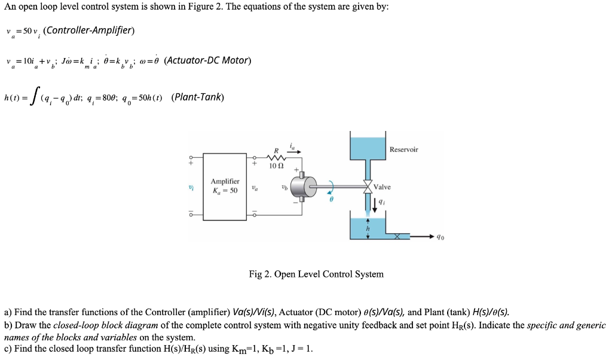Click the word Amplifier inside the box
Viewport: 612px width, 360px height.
(225, 181)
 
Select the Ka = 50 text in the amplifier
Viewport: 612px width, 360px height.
(225, 191)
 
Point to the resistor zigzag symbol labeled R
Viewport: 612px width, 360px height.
(277, 158)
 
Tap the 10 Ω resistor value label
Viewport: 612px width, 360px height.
(277, 166)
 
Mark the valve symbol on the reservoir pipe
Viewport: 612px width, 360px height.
(367, 187)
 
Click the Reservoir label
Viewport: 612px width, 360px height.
(403, 150)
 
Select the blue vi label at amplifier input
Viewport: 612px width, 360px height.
(190, 187)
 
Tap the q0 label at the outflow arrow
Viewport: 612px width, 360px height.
(440, 237)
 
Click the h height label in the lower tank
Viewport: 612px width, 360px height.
(368, 228)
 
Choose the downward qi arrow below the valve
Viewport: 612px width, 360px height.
(375, 204)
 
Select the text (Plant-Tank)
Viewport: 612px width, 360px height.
(197, 97)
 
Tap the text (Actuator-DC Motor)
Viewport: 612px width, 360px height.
(207, 60)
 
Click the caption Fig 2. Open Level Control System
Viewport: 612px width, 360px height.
(316, 274)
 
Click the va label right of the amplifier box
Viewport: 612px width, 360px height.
(255, 187)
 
